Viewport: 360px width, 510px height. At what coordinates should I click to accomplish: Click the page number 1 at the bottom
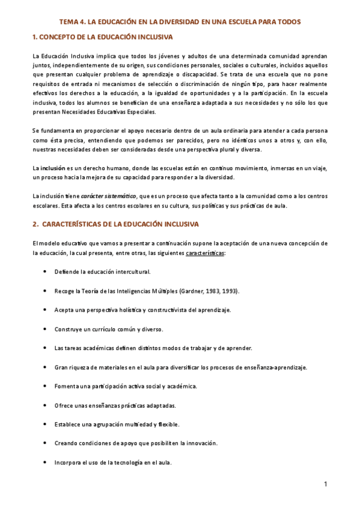click(325, 484)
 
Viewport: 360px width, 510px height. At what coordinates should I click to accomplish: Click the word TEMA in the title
click(76, 22)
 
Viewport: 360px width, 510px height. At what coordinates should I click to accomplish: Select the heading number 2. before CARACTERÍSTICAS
click(35, 225)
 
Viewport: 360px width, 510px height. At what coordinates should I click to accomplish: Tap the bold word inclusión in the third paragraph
click(52, 168)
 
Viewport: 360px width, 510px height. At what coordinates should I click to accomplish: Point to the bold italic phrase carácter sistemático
click(109, 196)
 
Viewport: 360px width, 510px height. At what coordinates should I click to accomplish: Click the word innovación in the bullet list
click(200, 443)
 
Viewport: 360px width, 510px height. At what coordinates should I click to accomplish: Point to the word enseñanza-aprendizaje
click(277, 367)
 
